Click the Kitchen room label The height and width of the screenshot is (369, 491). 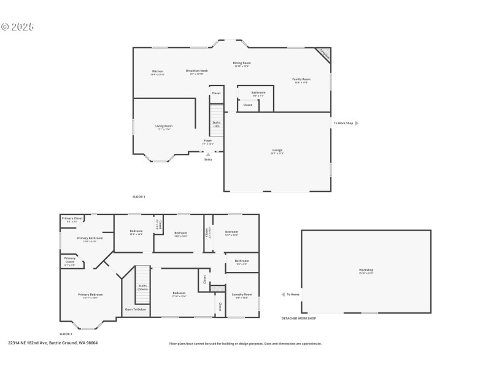158,73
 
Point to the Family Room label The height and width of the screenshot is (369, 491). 301,80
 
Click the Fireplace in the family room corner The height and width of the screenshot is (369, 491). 325,54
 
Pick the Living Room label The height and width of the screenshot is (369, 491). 164,127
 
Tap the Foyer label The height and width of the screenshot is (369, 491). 208,141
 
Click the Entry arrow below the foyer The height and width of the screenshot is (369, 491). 207,154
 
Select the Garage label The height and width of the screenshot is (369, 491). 277,151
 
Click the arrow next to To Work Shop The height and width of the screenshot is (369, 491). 357,123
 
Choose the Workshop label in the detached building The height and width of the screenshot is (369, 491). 366,271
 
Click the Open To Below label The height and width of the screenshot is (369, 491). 136,309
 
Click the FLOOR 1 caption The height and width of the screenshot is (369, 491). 139,197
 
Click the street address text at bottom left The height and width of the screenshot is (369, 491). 53,343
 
